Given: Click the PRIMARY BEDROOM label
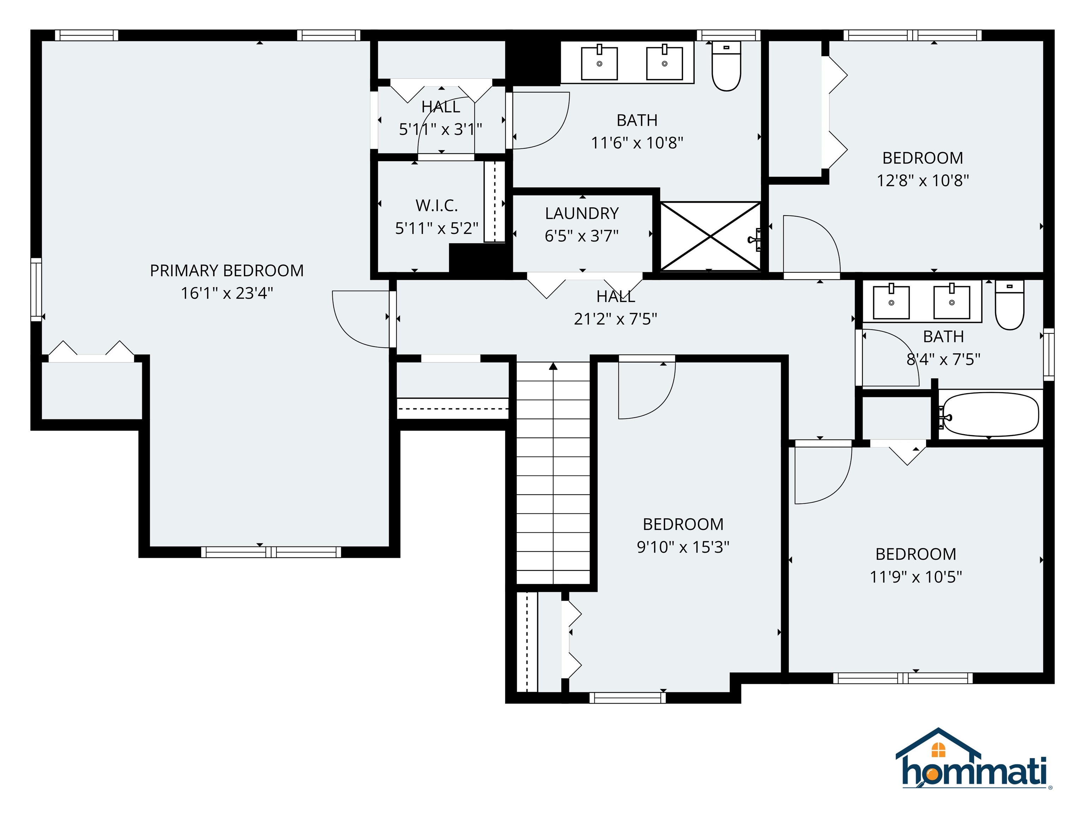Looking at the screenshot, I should (227, 270).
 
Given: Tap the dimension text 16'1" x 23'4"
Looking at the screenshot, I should (227, 293).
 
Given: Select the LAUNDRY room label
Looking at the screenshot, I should (582, 213).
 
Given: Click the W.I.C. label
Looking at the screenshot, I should (437, 206).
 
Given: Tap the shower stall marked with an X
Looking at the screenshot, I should (710, 236).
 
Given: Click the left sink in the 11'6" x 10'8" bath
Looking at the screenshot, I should (599, 63).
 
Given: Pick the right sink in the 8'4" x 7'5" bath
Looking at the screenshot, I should (951, 302).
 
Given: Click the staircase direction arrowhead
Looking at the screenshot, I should (553, 366).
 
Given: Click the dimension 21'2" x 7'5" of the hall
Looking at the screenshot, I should (615, 319).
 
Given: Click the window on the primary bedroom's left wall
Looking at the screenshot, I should (36, 289).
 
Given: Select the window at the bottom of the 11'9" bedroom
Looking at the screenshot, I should (902, 678).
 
